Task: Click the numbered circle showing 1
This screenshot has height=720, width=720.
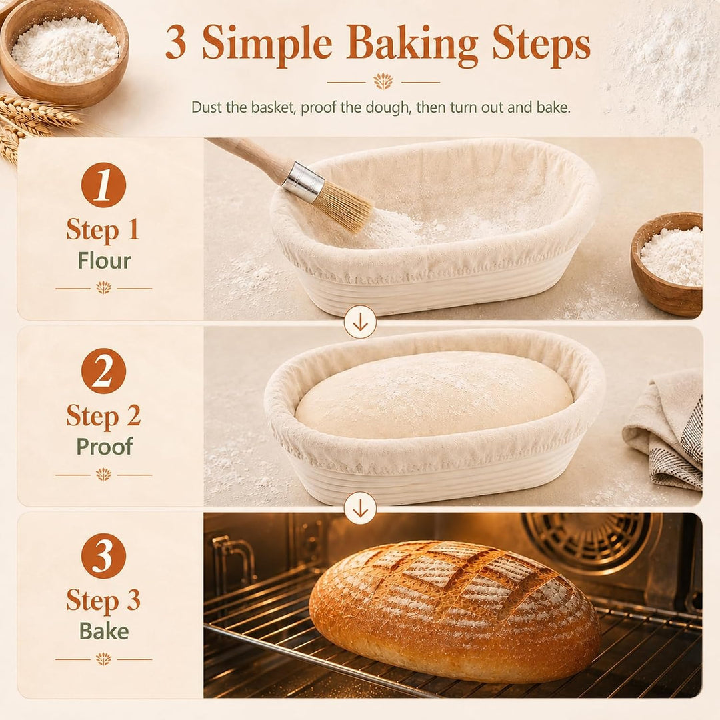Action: point(103,185)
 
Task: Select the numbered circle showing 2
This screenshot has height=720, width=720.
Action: point(103,371)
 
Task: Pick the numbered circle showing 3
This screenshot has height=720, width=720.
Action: point(103,555)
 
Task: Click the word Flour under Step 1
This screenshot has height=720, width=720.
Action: point(104,261)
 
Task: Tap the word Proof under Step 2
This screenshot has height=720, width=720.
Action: point(104,446)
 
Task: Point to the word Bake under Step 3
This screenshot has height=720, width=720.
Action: point(104,631)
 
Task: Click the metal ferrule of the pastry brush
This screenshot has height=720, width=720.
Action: point(303,182)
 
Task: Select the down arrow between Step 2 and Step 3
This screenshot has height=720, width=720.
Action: point(361,508)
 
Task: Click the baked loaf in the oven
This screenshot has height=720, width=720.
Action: point(455,611)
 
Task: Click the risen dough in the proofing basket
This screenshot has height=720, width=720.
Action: point(434,394)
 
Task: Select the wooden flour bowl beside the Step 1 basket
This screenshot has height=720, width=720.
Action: point(667,263)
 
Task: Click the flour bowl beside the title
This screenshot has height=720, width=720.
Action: point(63,51)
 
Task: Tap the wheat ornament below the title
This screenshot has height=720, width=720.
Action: point(383,82)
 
